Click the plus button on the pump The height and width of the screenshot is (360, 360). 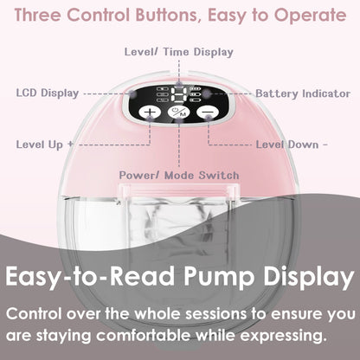point(151,112)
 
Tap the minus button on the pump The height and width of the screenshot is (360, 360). point(206,112)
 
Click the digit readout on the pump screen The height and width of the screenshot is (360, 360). point(180,97)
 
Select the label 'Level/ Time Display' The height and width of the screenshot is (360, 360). point(179,52)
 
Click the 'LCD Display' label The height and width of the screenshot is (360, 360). point(47,93)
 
